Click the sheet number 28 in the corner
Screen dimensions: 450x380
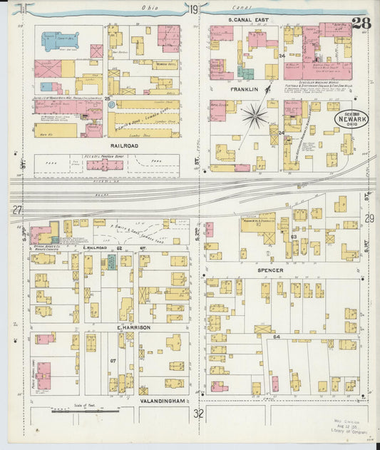[361, 22]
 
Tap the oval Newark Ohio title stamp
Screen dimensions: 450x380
[352, 118]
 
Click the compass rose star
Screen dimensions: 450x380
[255, 115]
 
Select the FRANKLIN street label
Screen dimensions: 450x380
[245, 91]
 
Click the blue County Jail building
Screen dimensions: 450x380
[58, 41]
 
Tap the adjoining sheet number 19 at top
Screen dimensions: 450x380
[195, 9]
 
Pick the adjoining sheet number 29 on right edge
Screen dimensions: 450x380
[369, 218]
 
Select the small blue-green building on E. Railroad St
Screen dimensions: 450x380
[111, 262]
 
